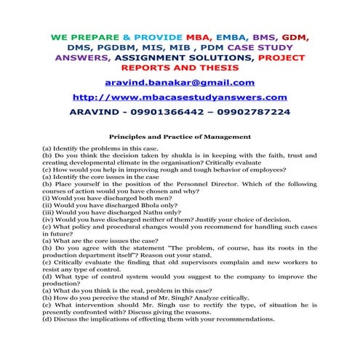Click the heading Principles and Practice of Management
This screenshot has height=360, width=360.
point(180,135)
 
